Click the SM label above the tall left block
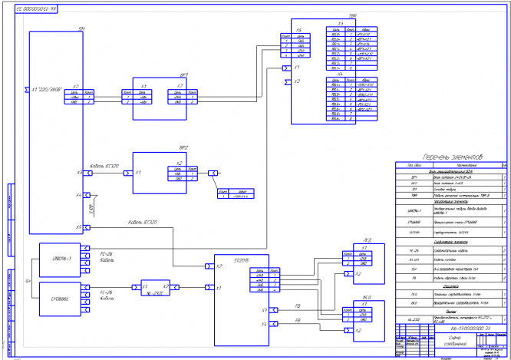81,28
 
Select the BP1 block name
184,74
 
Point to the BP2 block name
184,146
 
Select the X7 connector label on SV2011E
220,266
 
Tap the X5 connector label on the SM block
79,227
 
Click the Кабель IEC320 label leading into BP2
103,167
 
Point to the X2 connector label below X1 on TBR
298,81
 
